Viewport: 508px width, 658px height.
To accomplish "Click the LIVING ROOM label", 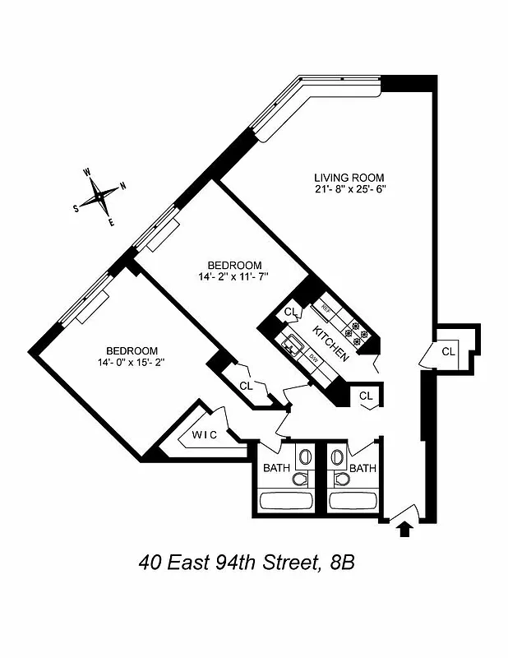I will [349, 178].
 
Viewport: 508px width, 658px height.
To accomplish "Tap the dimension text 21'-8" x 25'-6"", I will [349, 189].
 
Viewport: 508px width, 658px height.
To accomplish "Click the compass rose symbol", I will [101, 196].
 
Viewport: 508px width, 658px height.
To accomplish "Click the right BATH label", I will [363, 468].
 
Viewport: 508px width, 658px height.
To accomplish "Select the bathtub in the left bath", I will [286, 501].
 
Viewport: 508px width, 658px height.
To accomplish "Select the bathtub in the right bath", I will [353, 501].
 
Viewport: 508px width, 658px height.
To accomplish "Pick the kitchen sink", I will [292, 345].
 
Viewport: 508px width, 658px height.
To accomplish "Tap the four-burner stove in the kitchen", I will [358, 331].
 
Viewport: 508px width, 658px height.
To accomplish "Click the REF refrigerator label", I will [326, 309].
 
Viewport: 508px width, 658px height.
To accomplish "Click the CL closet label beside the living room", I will [448, 351].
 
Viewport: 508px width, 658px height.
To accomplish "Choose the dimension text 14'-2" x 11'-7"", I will [234, 277].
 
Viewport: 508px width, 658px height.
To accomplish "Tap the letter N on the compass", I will [122, 186].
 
